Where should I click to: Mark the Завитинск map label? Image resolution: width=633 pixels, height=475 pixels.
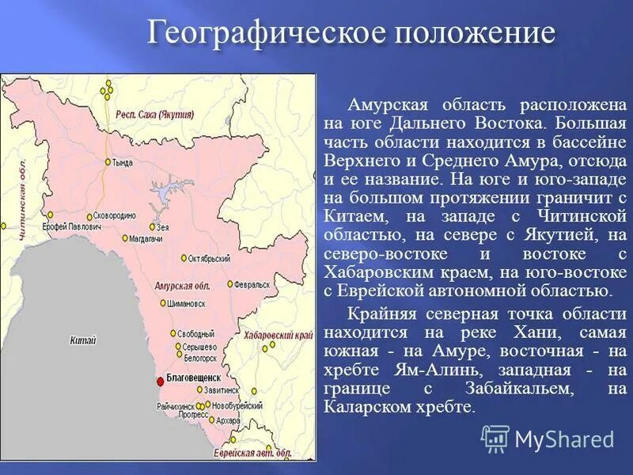pos(221,390)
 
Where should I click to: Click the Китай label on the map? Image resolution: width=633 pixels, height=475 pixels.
pos(82,340)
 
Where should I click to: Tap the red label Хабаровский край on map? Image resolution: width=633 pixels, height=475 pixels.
pos(279,336)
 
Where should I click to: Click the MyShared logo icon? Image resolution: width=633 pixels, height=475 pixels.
pos(495,439)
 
